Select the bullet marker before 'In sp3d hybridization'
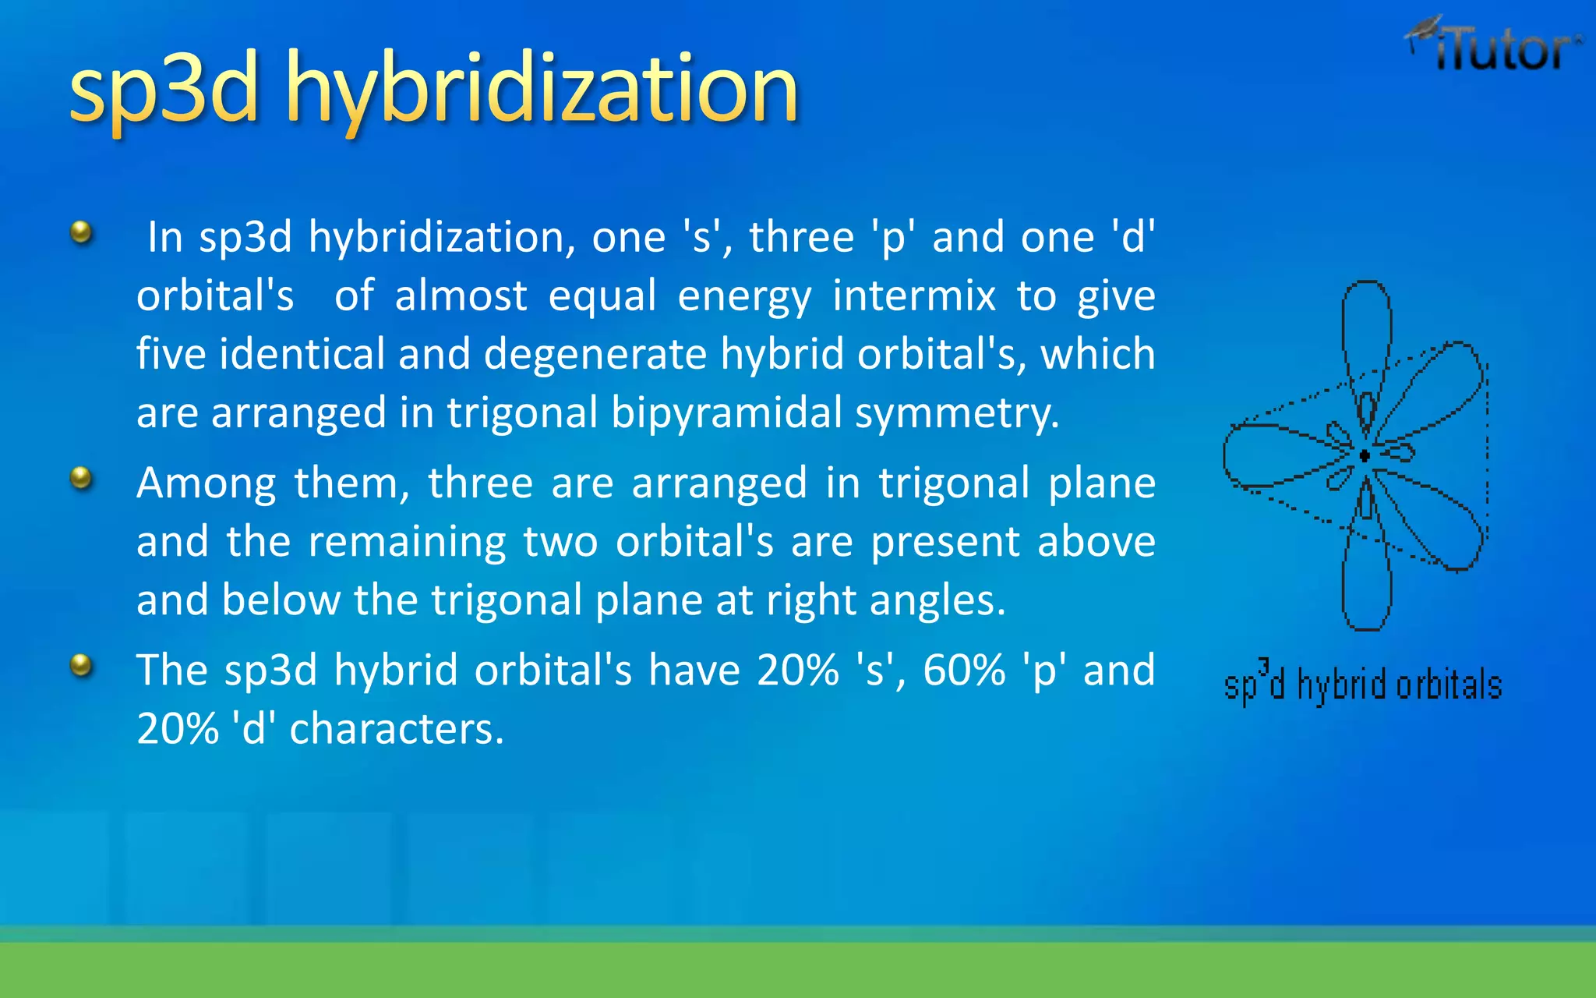(81, 232)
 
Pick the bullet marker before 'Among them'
(81, 477)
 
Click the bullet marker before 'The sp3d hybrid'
(81, 665)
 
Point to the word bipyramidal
(726, 412)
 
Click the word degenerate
(595, 354)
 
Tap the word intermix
(914, 296)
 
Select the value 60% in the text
(964, 671)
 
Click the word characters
(397, 729)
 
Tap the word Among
(206, 483)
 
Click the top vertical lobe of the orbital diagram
(1367, 327)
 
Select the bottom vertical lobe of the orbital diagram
(1367, 585)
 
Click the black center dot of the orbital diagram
(1365, 455)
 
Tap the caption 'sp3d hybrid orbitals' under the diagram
(1362, 685)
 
